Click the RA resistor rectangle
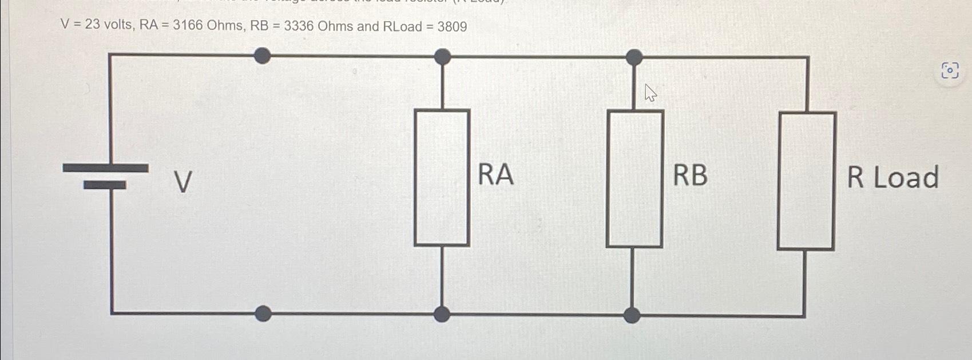(x=442, y=177)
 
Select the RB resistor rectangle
(x=634, y=179)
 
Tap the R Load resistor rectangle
(x=806, y=181)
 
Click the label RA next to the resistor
(x=495, y=175)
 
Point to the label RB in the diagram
(x=690, y=175)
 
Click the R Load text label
(x=892, y=177)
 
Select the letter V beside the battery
(x=183, y=183)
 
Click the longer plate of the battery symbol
(x=105, y=168)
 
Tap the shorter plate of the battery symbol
(x=105, y=185)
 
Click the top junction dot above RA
(x=442, y=56)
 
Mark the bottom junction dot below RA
(x=442, y=314)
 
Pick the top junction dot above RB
(x=634, y=57)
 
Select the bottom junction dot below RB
(x=632, y=315)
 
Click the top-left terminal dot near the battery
(x=262, y=56)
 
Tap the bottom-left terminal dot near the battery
(x=263, y=313)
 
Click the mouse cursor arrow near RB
(x=650, y=93)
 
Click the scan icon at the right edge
(x=950, y=71)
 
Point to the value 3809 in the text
(x=452, y=27)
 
